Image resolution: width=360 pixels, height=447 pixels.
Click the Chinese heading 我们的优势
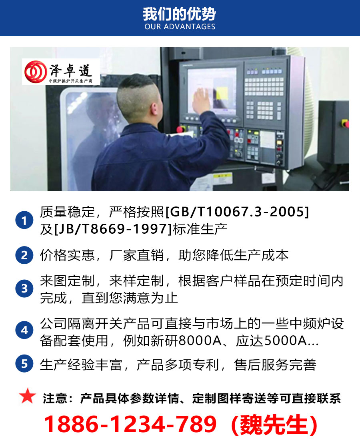[x=180, y=14]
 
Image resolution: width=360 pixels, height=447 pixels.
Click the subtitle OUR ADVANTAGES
[x=180, y=27]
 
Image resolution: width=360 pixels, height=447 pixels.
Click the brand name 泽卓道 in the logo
[x=70, y=71]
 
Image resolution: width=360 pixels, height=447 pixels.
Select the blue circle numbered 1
[x=24, y=220]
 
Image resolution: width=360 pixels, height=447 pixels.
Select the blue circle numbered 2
[x=24, y=255]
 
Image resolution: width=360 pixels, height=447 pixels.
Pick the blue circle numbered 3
[x=24, y=289]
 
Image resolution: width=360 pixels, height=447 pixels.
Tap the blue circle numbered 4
[x=24, y=331]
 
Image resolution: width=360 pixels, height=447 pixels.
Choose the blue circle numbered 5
[x=24, y=364]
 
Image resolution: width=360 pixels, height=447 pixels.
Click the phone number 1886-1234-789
[x=130, y=425]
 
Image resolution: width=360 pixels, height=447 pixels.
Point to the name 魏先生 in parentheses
[x=274, y=425]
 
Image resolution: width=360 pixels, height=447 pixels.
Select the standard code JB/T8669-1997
[x=112, y=229]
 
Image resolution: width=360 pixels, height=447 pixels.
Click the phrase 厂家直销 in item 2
[x=140, y=255]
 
